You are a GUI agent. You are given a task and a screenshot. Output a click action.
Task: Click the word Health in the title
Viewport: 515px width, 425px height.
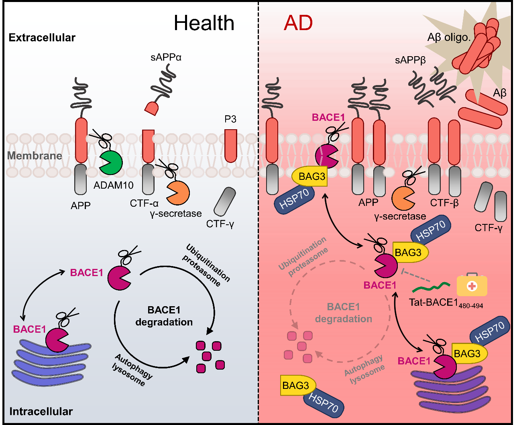pyautogui.click(x=204, y=23)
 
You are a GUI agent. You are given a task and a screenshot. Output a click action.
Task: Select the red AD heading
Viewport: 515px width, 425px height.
pyautogui.click(x=298, y=23)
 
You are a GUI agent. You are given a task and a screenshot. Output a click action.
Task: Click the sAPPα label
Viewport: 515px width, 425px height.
pyautogui.click(x=167, y=57)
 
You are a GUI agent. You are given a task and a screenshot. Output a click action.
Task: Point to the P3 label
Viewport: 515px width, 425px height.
pyautogui.click(x=230, y=119)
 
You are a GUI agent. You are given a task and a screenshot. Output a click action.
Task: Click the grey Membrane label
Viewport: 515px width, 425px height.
pyautogui.click(x=35, y=156)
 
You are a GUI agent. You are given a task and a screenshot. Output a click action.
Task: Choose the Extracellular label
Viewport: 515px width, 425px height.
pyautogui.click(x=42, y=38)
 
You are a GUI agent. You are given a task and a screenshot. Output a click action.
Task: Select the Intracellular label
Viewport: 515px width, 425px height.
pyautogui.click(x=41, y=411)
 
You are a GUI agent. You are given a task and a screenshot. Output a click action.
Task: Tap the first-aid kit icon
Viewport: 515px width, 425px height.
pyautogui.click(x=472, y=286)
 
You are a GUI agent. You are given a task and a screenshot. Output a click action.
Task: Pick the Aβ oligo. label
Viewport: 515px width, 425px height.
pyautogui.click(x=449, y=38)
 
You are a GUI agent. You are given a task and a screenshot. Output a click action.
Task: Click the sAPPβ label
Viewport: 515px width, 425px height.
pyautogui.click(x=409, y=61)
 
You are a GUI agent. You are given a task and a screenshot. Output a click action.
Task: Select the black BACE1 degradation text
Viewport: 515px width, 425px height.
pyautogui.click(x=164, y=316)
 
